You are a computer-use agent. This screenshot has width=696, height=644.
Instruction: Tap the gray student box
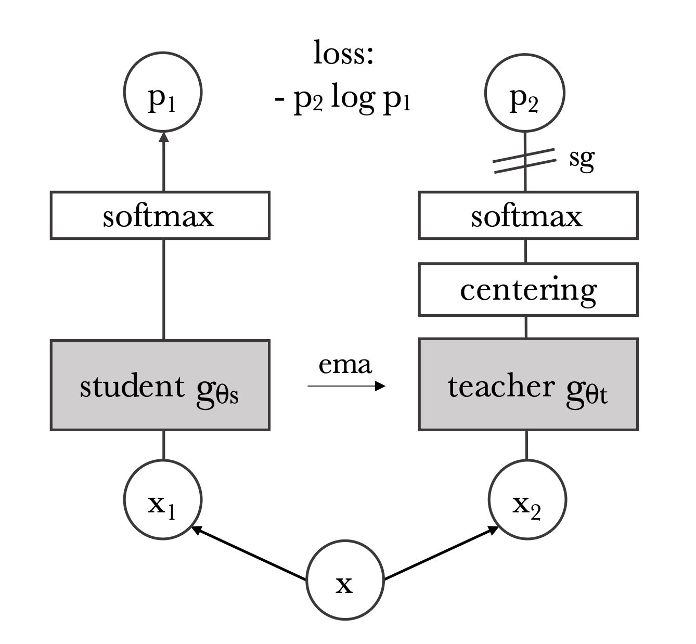pos(160,385)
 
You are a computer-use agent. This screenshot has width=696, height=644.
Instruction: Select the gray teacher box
pos(528,384)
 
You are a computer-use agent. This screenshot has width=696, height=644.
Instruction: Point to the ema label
pos(345,365)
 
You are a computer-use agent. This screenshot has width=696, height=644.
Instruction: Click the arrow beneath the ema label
pos(346,386)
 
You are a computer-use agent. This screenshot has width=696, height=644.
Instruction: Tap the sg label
pos(582,160)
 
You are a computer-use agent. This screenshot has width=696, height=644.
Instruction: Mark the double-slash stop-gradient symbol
pos(525,161)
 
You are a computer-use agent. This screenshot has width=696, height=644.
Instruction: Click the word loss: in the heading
pos(343,53)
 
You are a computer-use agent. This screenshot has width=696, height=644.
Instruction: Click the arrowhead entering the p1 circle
pos(164,137)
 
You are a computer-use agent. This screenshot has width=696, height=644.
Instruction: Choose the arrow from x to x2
pos(442,553)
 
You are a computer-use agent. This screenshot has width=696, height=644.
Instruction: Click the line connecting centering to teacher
pos(526,327)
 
